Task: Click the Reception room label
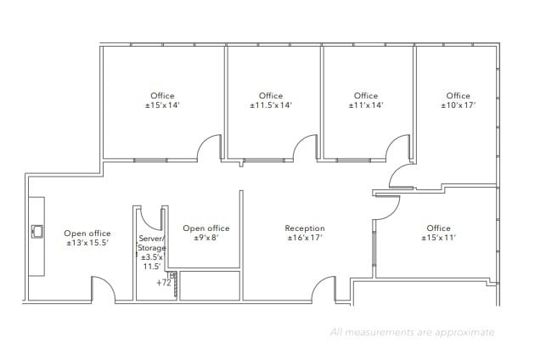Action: pos(304,228)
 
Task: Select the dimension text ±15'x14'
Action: pos(162,106)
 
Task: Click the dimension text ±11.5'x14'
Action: pos(271,106)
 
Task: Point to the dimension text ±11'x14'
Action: pos(366,106)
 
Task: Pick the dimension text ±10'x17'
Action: pos(458,106)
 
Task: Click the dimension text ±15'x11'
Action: pos(438,239)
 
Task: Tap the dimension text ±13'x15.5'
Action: pos(87,244)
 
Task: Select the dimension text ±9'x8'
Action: pos(206,239)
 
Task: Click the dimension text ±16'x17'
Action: pos(304,239)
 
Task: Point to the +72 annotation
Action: pos(164,282)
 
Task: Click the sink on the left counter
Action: pos(37,231)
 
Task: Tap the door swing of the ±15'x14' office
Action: pos(211,149)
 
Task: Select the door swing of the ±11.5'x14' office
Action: pos(304,149)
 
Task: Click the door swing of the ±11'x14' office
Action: pos(397,149)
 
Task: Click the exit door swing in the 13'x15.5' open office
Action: pos(103,290)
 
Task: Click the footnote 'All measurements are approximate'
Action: pos(412,332)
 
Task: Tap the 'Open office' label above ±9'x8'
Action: pos(206,228)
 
